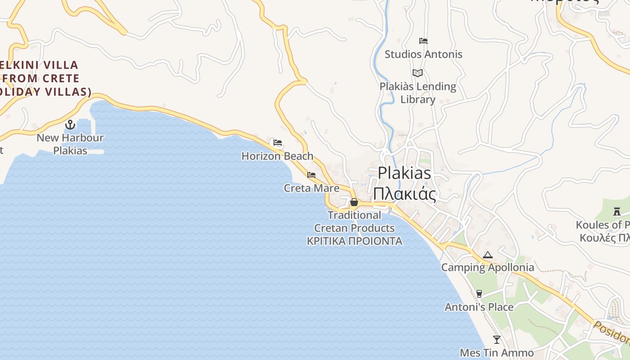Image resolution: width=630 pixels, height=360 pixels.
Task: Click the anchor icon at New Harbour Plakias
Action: click(x=70, y=125)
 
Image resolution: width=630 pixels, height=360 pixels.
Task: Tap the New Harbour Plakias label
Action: click(x=70, y=144)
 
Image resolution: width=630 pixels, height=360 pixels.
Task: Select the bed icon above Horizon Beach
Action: click(x=278, y=143)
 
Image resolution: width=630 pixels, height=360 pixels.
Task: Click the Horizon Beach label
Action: click(x=277, y=156)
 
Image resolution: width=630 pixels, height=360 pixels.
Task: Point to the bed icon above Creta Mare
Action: click(x=311, y=175)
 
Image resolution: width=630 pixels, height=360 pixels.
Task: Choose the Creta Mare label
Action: click(x=311, y=188)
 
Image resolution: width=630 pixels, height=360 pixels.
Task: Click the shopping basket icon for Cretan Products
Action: click(x=354, y=202)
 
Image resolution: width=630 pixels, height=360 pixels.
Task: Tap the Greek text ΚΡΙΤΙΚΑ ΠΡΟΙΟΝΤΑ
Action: click(x=354, y=241)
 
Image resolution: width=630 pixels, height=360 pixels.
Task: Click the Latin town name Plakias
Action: click(x=404, y=173)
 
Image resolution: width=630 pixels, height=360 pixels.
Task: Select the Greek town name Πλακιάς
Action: click(x=404, y=194)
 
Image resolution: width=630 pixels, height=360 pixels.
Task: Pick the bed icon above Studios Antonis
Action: click(x=423, y=41)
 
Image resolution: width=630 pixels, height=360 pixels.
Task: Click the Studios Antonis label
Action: click(x=423, y=54)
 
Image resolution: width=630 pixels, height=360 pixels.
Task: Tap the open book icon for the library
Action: click(x=418, y=73)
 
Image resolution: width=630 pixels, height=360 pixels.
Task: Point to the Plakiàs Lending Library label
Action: click(x=418, y=93)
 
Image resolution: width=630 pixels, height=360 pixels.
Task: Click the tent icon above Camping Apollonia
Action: click(x=487, y=255)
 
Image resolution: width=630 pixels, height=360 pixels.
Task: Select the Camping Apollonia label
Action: click(x=487, y=268)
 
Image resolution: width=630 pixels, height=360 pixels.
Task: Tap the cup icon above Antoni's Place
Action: click(x=479, y=294)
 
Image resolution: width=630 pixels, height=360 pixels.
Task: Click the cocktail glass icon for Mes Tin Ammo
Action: click(x=496, y=340)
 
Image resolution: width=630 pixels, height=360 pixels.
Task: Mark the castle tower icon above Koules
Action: click(x=616, y=211)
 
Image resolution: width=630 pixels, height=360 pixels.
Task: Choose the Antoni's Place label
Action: click(x=479, y=307)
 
